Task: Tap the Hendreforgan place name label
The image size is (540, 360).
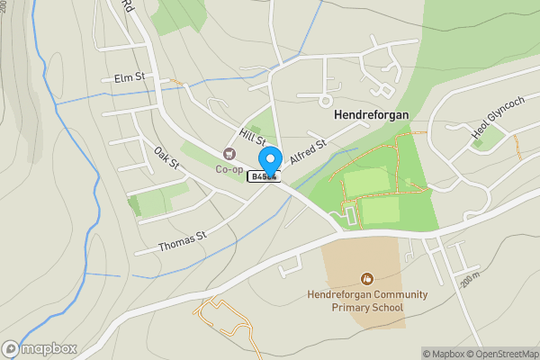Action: coord(371,115)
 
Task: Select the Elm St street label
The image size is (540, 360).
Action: coord(130,78)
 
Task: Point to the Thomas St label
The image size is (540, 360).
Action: coord(183,240)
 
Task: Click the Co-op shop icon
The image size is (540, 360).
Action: coord(229,154)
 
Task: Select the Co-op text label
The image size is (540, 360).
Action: coord(229,169)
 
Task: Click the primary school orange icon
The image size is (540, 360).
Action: coord(366,278)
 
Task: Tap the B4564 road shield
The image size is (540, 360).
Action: coord(264,177)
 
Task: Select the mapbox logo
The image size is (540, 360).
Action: coord(40,348)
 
